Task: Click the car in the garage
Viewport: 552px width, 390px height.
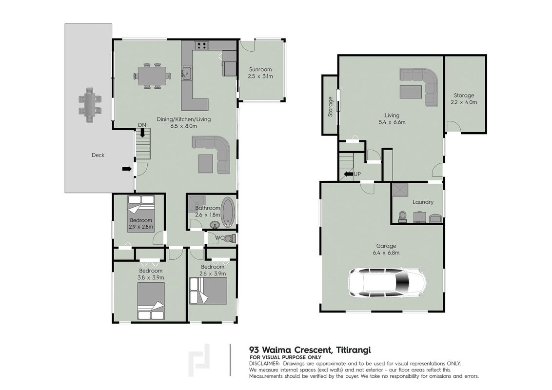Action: coord(387,284)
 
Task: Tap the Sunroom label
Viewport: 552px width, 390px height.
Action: coord(260,69)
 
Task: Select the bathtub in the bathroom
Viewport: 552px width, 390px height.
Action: coord(228,211)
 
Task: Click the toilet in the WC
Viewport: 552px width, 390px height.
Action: coord(230,239)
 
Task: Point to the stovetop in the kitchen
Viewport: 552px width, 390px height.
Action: coord(202,45)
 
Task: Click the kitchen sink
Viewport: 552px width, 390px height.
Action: coord(186,74)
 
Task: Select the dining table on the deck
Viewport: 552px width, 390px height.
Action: coord(90,105)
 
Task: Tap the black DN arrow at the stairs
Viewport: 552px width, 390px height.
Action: coord(142,132)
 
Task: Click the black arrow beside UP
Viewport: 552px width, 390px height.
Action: coord(348,174)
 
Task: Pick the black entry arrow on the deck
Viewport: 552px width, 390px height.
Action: coord(127,169)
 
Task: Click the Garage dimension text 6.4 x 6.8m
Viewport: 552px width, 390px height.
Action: coord(386,253)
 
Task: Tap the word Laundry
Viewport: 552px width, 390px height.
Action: coord(423,202)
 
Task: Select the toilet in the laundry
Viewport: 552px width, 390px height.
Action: coord(402,216)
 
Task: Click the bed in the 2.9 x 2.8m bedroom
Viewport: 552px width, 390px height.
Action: coord(141,214)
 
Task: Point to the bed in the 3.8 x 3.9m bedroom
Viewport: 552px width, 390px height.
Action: coord(151,301)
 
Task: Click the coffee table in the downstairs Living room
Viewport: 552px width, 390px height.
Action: coord(411,91)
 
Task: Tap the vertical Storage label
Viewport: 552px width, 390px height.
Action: coord(330,107)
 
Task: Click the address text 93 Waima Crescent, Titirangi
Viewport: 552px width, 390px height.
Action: coord(310,350)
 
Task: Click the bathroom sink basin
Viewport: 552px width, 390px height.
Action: coord(214,225)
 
